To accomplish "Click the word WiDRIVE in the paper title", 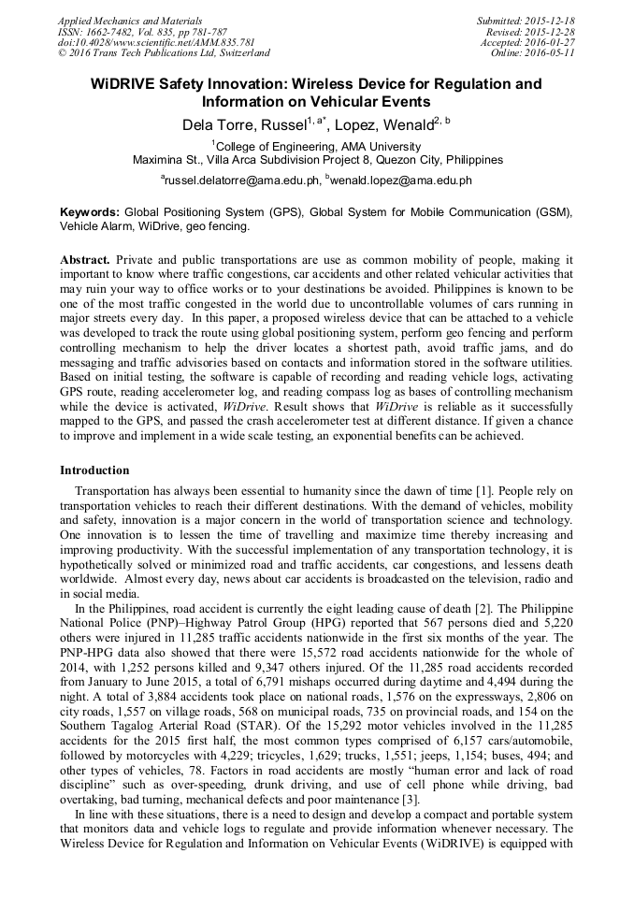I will point(123,84).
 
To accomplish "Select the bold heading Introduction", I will point(94,470).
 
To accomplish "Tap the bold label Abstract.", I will point(85,258).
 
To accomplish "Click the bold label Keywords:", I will point(91,212).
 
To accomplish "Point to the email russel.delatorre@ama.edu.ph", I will point(240,180).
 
